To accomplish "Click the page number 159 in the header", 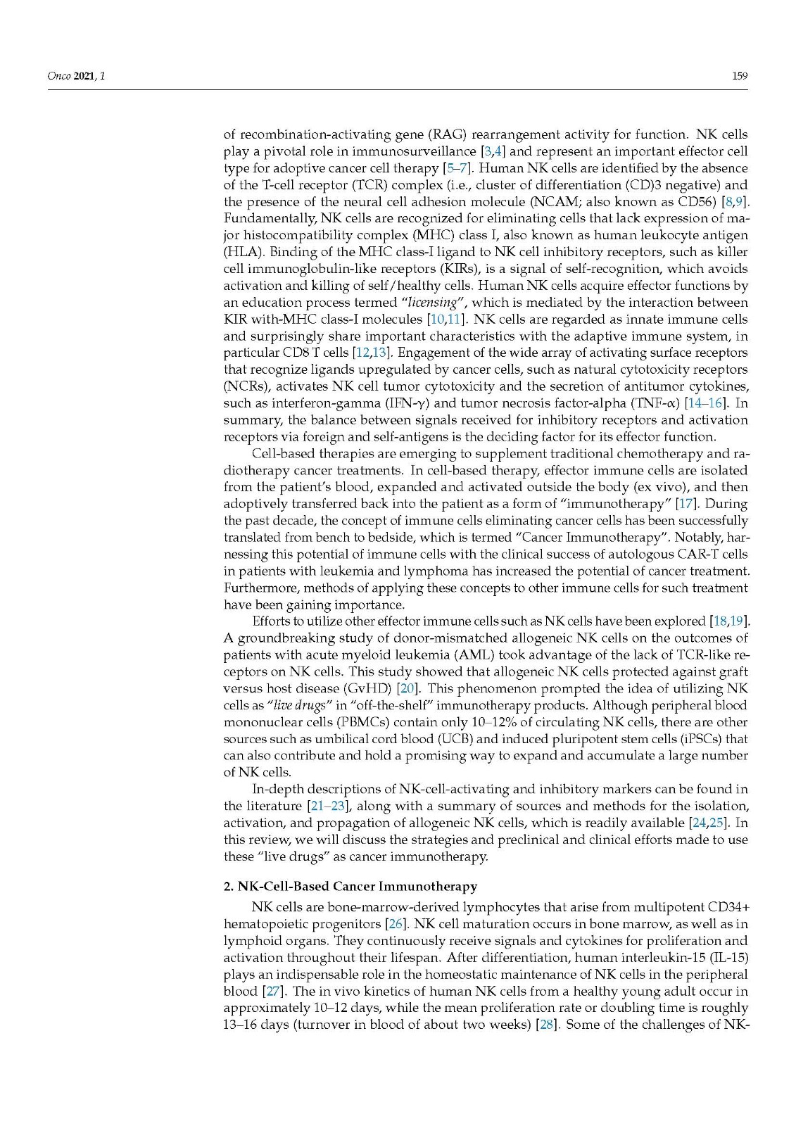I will coord(739,76).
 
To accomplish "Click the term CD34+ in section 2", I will coord(725,907).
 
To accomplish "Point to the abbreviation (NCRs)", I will coord(246,386).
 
